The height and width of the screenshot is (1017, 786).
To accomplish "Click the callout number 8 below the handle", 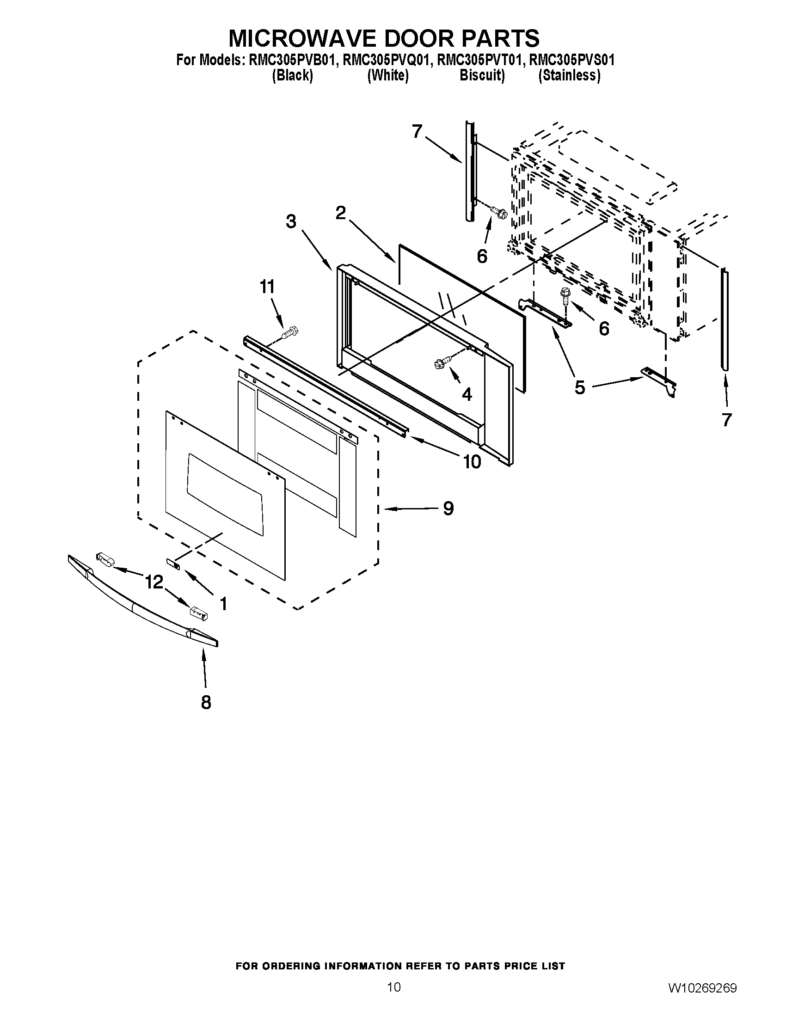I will [206, 702].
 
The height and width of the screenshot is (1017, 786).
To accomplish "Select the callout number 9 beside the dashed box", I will [448, 508].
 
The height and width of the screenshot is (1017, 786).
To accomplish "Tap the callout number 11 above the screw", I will [267, 287].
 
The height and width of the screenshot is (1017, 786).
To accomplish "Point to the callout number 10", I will [471, 461].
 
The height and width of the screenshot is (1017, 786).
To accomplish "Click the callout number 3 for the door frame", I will [291, 221].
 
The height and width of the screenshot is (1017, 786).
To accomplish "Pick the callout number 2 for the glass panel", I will [341, 213].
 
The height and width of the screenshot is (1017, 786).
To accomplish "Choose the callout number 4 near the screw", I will [467, 394].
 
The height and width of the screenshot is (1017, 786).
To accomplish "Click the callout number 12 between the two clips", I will [154, 582].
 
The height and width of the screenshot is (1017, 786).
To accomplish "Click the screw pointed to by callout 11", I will [290, 333].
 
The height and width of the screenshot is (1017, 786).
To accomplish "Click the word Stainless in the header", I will [569, 75].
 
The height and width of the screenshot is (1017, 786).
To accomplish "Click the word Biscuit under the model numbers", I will [481, 75].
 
